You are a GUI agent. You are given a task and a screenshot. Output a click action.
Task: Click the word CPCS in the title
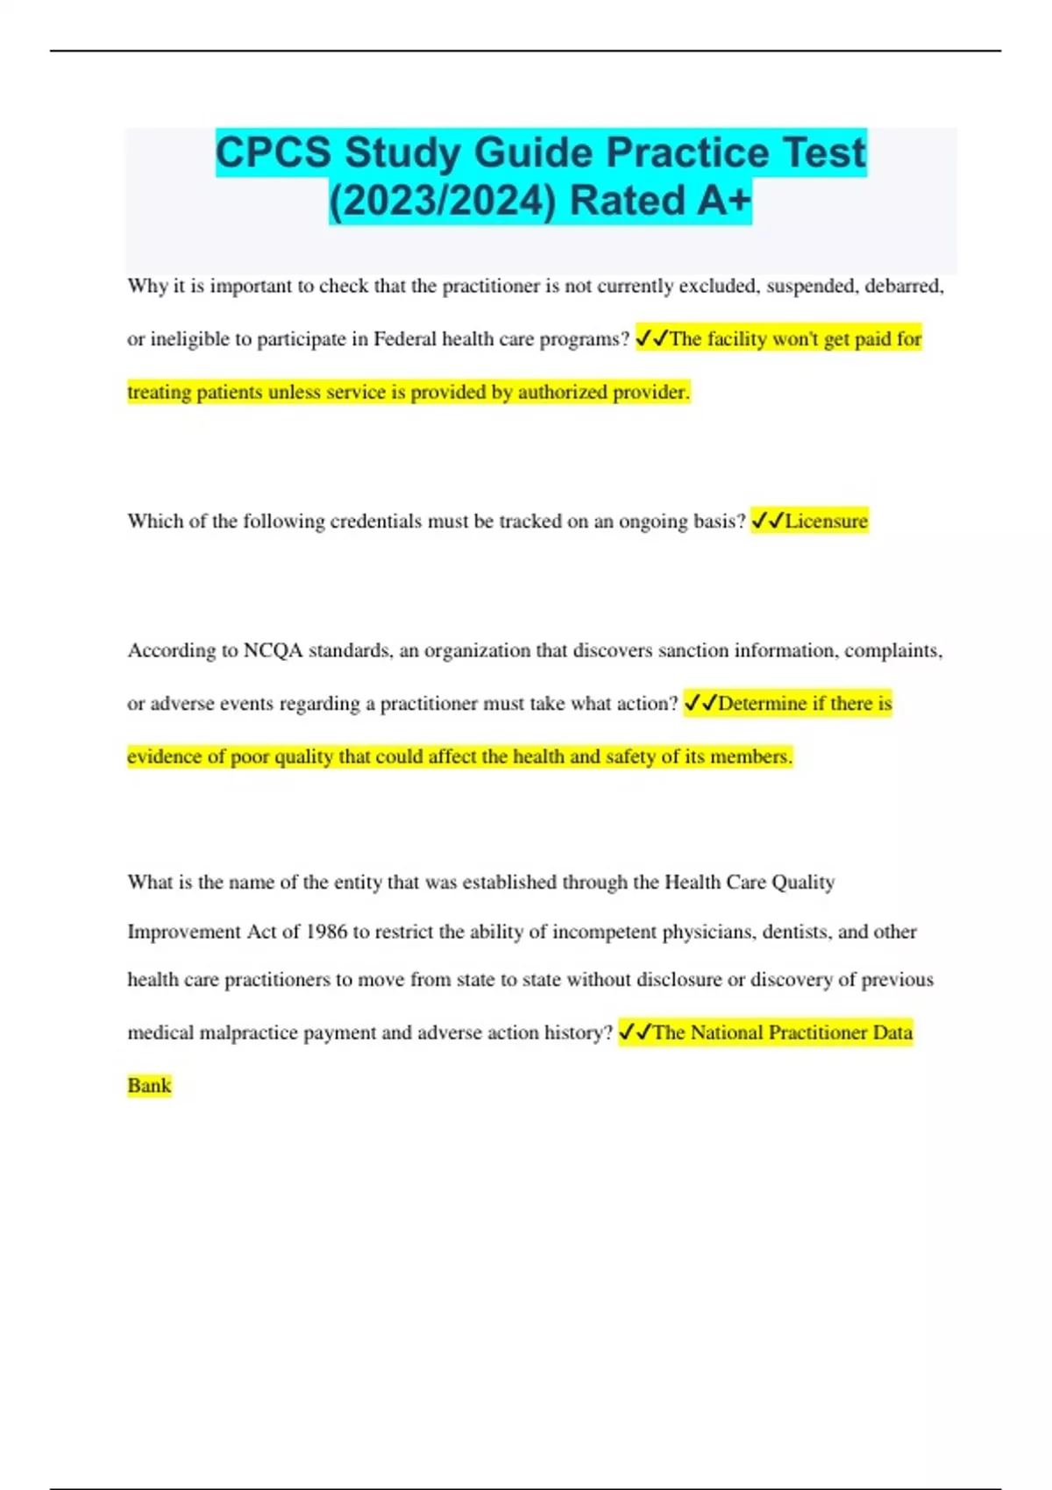(274, 153)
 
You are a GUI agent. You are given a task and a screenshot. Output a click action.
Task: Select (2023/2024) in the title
(443, 201)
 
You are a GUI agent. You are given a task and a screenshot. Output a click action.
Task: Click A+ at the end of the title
(724, 201)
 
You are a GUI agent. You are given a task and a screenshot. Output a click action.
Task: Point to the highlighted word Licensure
(826, 521)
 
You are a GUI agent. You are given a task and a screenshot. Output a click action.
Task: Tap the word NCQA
(273, 650)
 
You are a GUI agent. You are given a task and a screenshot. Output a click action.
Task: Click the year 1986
(326, 931)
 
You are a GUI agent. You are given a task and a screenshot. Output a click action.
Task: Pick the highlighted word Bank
(149, 1085)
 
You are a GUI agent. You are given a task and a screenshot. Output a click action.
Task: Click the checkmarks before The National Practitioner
(634, 1032)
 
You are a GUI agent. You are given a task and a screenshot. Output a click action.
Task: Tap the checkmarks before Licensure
(767, 521)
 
